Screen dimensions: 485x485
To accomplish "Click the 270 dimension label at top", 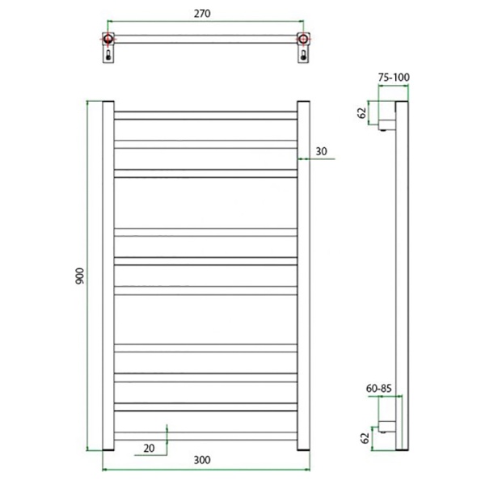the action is pos(202,14).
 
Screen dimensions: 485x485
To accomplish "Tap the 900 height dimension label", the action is pos(79,276).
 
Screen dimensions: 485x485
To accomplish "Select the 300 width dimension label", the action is pos(202,460).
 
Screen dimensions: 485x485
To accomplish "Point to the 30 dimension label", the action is pos(321,151).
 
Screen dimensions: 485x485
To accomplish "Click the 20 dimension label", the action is pos(149,448).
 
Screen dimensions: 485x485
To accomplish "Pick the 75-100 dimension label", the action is pos(394,78).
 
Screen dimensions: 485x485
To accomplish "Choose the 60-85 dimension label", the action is pos(379,388).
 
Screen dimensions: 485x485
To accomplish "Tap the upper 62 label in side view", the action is pos(361,113).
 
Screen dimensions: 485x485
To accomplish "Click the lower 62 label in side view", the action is pos(365,438).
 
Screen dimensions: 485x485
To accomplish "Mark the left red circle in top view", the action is pos(108,39).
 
